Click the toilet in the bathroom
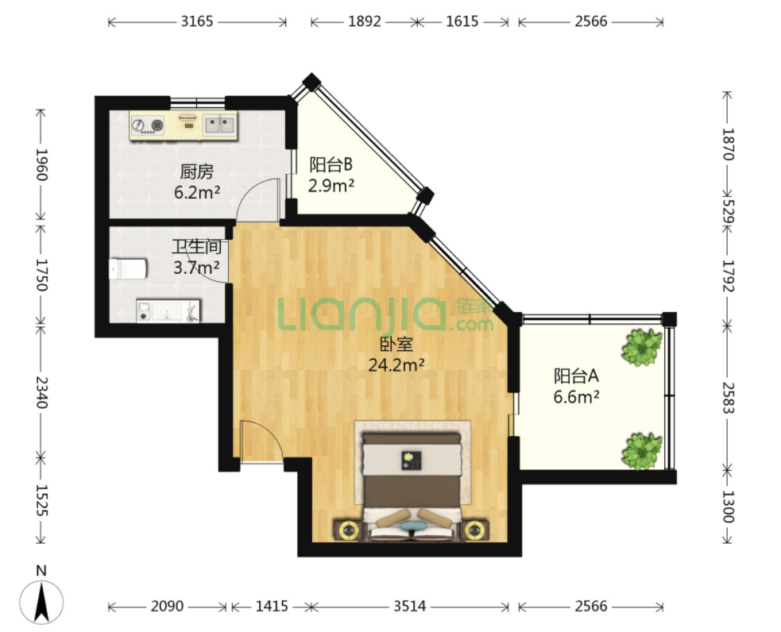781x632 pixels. tap(127, 269)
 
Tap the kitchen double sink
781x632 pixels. tap(220, 124)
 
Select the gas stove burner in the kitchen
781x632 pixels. tap(148, 125)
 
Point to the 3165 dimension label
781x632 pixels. tap(197, 21)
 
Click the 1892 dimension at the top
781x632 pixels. tap(364, 21)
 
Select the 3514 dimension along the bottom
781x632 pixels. tap(409, 606)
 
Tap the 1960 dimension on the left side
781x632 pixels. tap(41, 164)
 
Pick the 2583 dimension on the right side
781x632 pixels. tap(728, 398)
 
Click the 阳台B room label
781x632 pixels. tap(331, 164)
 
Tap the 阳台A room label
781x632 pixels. tap(576, 376)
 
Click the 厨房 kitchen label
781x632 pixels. tap(197, 171)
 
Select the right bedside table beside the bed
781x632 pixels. tap(475, 530)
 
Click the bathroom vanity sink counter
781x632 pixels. tap(168, 311)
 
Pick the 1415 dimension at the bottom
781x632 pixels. tap(272, 606)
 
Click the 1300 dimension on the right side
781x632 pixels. tap(728, 507)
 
